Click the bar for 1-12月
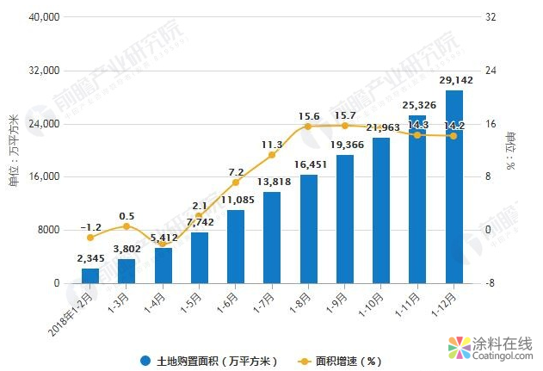[454, 187]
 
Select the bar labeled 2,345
[90, 275]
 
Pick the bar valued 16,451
[308, 229]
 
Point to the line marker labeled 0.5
[126, 226]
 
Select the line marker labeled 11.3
[272, 155]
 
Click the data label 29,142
[454, 81]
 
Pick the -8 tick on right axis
[489, 283]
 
